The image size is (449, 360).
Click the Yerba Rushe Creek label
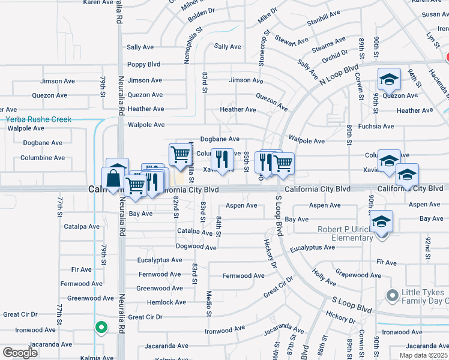(x=38, y=119)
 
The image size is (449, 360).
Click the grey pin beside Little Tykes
(x=393, y=296)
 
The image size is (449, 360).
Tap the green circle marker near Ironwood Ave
(x=101, y=328)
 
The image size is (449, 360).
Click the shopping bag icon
(x=113, y=178)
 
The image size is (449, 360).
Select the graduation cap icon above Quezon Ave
(x=389, y=79)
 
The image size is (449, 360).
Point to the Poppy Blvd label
(x=143, y=65)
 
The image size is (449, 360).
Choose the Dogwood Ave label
(x=196, y=247)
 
